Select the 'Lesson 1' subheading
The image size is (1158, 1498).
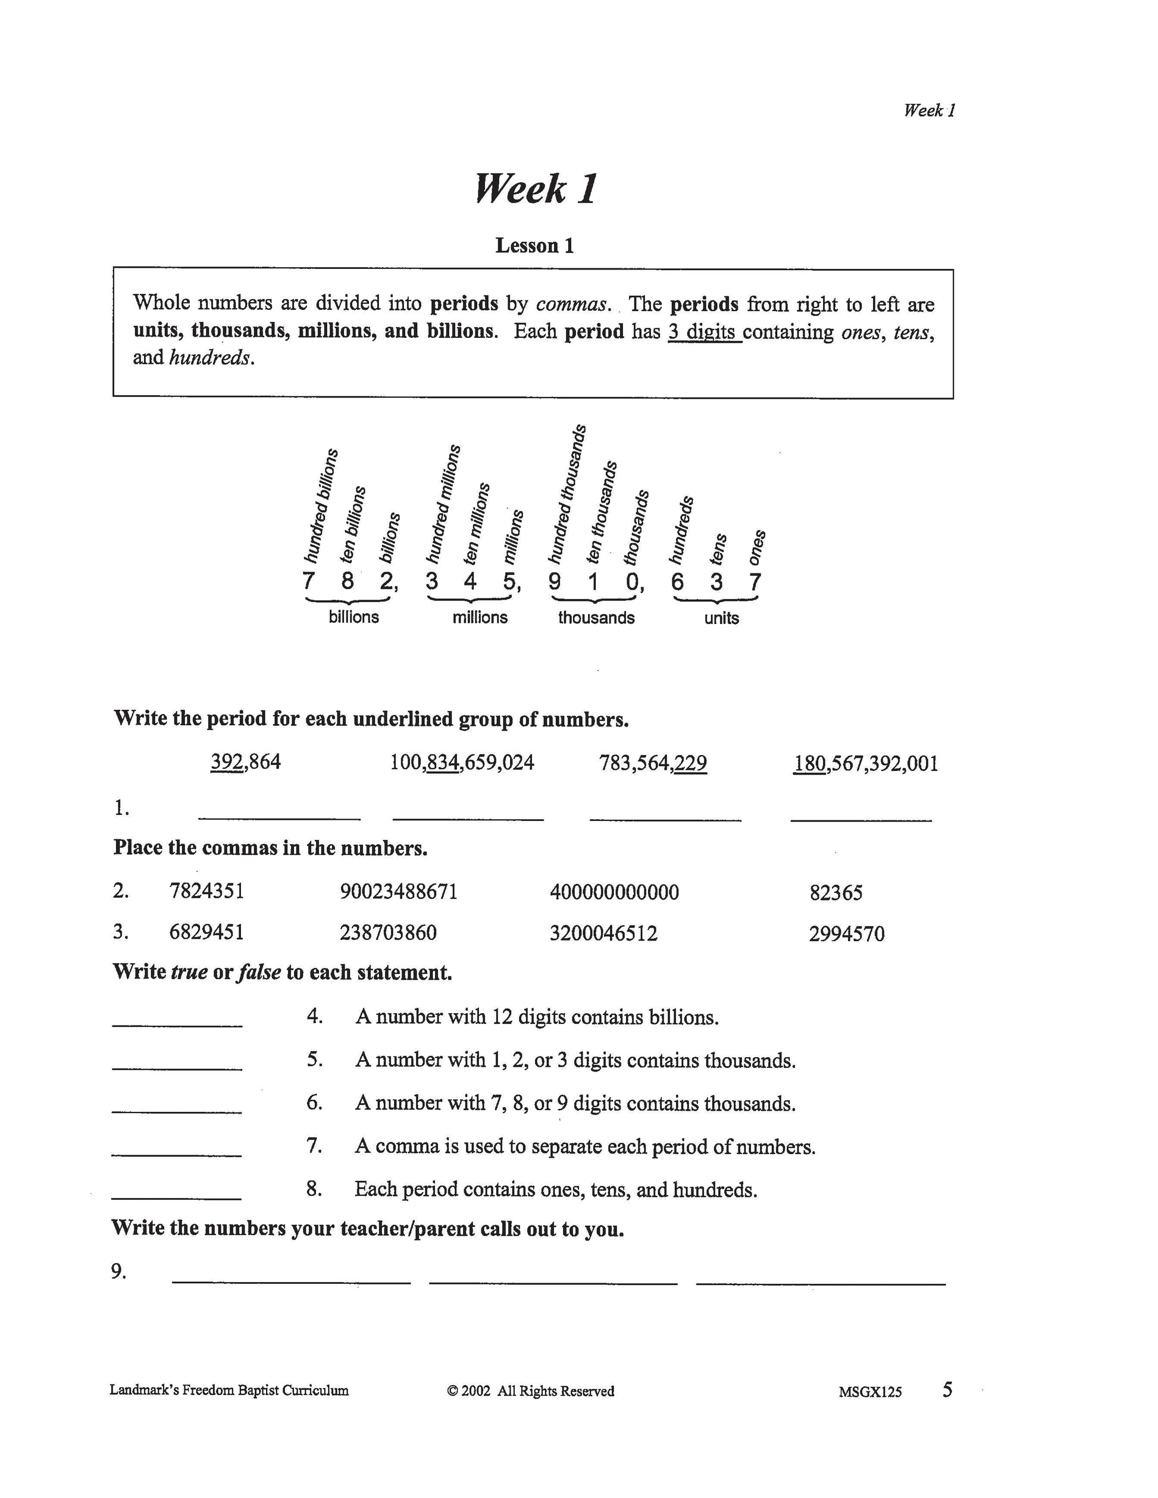534,246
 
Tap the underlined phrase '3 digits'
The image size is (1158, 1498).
704,332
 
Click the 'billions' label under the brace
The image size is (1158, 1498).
353,616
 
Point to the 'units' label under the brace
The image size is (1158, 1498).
721,618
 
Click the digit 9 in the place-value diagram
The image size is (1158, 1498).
554,582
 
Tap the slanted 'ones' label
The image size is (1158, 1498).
757,547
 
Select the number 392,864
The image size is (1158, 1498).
246,762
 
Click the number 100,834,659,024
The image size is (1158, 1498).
462,763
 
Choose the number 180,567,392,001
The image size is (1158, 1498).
865,763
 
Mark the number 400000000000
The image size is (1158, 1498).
614,892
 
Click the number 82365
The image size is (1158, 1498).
835,893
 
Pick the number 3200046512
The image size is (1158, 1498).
603,933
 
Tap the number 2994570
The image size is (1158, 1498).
847,934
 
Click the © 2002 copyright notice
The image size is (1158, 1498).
530,1391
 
